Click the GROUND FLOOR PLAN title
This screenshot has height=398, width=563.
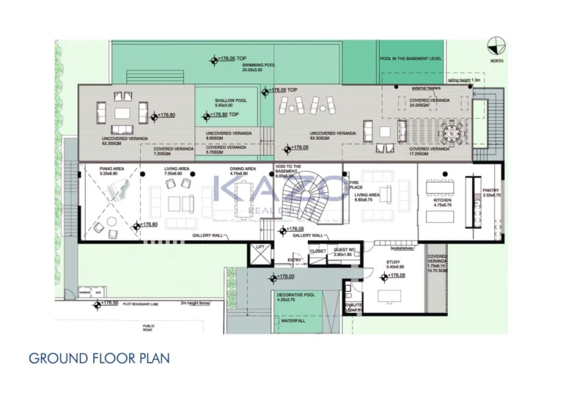coord(99,358)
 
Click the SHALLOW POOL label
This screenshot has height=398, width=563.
coord(230,103)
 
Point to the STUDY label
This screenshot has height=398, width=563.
coord(394,264)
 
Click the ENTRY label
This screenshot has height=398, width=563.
coord(295,259)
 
